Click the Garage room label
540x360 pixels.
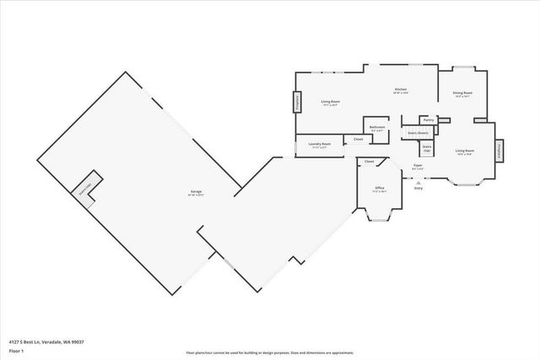click(x=196, y=194)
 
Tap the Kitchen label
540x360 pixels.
click(x=401, y=90)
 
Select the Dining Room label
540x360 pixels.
click(x=462, y=94)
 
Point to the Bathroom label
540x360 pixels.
click(x=377, y=128)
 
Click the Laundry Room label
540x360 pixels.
click(x=319, y=144)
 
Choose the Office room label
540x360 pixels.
click(x=379, y=188)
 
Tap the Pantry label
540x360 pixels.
click(x=429, y=120)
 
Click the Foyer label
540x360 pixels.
click(x=417, y=165)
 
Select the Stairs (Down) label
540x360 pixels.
click(x=418, y=132)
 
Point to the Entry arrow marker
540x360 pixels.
click(x=418, y=180)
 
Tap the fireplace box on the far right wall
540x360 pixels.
click(x=499, y=151)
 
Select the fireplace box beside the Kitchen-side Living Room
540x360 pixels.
click(x=297, y=103)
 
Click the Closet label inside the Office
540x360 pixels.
click(x=369, y=160)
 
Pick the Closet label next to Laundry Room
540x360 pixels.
click(x=358, y=139)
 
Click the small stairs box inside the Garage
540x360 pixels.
click(x=86, y=186)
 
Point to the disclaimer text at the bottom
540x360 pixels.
click(x=269, y=352)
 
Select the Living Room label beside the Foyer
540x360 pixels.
click(x=464, y=152)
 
